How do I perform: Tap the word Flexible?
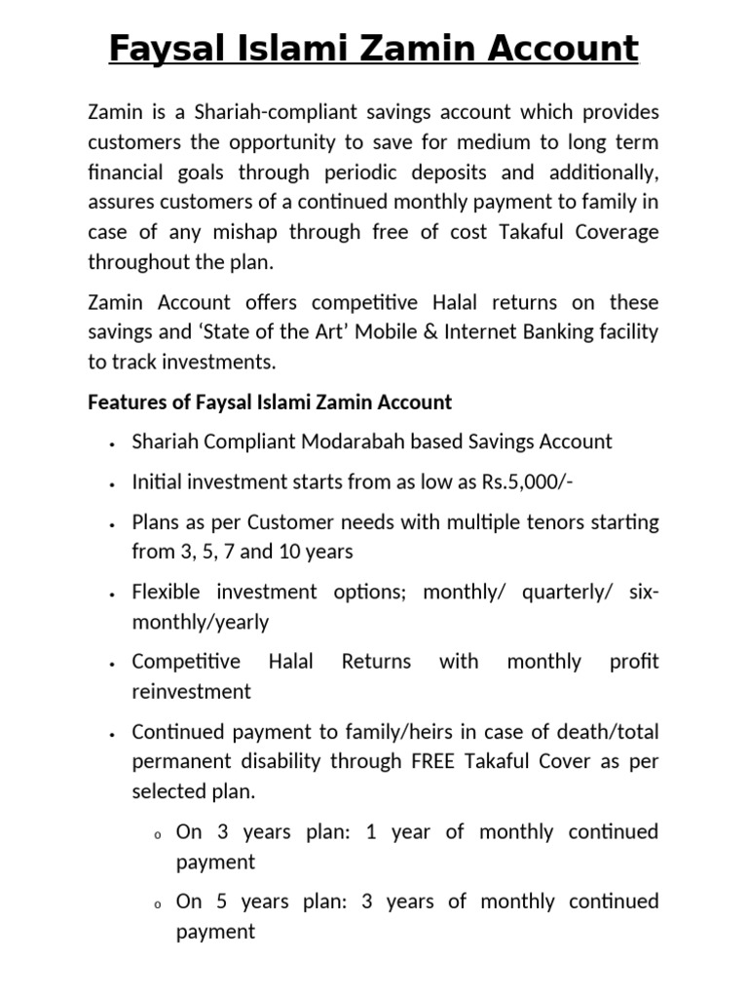(x=168, y=592)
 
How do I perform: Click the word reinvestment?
(x=191, y=691)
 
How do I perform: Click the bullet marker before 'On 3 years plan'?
(x=156, y=835)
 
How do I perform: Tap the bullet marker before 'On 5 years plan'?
(x=156, y=904)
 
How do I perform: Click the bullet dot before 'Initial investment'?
(x=114, y=483)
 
